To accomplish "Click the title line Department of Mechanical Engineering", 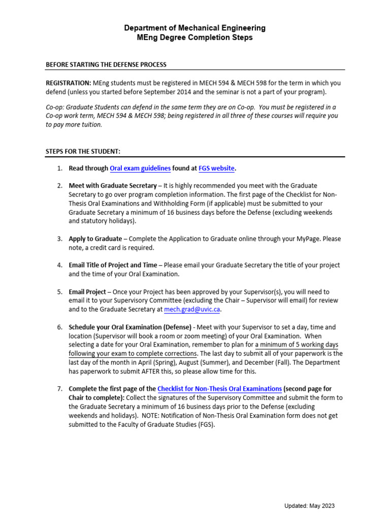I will tap(194, 28).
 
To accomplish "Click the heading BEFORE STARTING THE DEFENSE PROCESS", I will tap(106, 65).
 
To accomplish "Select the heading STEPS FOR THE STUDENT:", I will tap(83, 151).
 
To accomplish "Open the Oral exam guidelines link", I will tap(140, 168).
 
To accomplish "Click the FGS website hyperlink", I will tap(213, 168).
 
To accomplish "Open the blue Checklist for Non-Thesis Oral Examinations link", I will tap(219, 389).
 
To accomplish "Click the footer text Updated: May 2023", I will tap(309, 506).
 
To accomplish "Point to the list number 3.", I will tap(59, 239).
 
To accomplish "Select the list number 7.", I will tap(59, 389).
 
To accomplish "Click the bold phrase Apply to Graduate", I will tap(95, 239).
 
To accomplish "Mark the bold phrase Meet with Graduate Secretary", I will tap(113, 186).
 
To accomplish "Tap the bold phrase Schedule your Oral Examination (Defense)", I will tap(130, 327).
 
